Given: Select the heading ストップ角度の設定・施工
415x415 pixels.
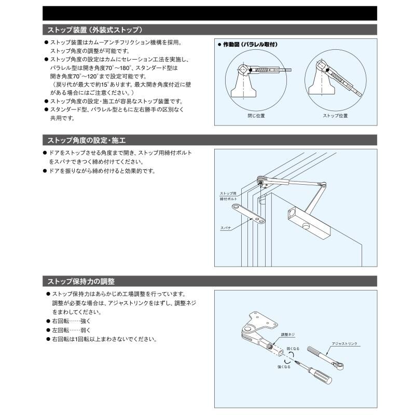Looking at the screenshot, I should (x=87, y=140).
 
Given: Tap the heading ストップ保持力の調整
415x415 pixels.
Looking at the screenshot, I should (x=81, y=281).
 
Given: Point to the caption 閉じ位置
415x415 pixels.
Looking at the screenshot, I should (x=256, y=116).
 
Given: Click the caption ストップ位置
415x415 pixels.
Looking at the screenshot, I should (x=335, y=116).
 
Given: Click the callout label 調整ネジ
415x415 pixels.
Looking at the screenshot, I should (x=287, y=335).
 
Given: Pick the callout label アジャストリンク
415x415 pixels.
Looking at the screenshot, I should (x=344, y=344).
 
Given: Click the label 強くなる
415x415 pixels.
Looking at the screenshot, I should (x=284, y=366).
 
